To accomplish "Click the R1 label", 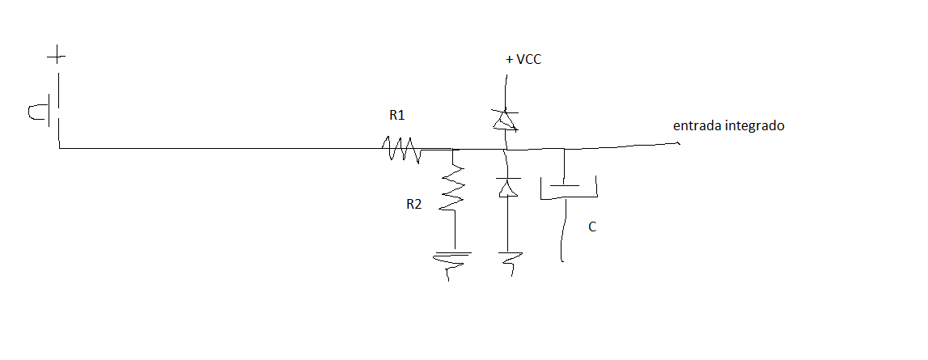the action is click(x=397, y=116).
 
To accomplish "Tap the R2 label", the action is click(x=413, y=205).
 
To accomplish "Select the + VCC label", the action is click(x=523, y=60).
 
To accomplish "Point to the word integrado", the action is click(x=754, y=127).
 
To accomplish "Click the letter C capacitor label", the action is click(x=592, y=227).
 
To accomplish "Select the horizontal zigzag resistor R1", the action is click(x=401, y=148).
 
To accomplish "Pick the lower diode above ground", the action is click(x=506, y=187).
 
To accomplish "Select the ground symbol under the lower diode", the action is click(x=509, y=261).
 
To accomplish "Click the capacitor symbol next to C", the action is click(x=568, y=188).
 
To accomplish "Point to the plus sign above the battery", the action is click(x=56, y=57).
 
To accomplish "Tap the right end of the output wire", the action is click(x=678, y=142).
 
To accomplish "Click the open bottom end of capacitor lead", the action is click(x=561, y=260).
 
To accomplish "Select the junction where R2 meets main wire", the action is click(x=453, y=149).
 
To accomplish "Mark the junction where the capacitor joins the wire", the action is click(x=563, y=148).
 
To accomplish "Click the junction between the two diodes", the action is click(x=506, y=149).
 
